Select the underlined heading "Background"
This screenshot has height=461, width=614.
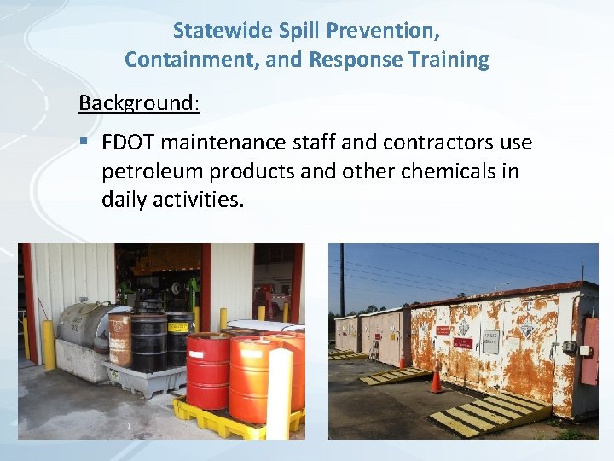pos(138,103)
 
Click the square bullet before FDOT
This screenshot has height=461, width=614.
pos(84,142)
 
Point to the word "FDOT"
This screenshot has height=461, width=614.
pos(128,142)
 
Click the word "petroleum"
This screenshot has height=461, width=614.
pos(153,171)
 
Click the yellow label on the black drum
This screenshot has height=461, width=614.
pos(179,326)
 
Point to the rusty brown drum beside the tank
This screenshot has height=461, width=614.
pos(119,337)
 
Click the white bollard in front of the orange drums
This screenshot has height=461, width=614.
pos(279,393)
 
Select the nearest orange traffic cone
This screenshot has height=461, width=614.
pos(437,378)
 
